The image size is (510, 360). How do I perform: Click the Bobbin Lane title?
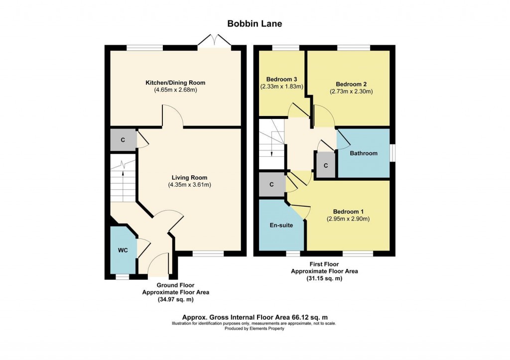255,23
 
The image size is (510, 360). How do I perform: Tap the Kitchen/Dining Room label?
175,83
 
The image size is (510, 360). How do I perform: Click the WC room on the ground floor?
123,250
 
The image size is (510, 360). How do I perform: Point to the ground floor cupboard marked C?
123,139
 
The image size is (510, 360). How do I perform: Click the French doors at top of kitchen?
214,42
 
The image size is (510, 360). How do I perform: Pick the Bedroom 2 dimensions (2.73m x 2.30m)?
351,92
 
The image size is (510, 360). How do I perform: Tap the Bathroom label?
364,153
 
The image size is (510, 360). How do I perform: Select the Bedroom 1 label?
348,212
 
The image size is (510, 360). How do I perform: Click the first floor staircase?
271,144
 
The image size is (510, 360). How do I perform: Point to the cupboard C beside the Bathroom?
325,165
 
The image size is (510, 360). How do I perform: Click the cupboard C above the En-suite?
271,185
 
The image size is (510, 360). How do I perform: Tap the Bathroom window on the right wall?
392,153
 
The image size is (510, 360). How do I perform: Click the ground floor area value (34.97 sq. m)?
176,300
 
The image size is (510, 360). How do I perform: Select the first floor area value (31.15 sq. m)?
324,279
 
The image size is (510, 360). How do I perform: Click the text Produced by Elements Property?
254,329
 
